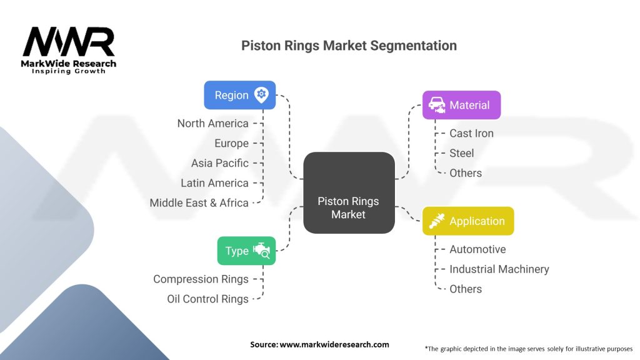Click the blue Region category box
point(239,95)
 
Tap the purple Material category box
point(461,105)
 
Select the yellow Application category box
point(468,221)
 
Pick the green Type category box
point(246,251)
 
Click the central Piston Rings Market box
point(349,192)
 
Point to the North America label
point(212,123)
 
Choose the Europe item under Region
point(231,143)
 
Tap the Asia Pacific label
point(220,163)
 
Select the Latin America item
point(215,183)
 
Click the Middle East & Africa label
point(199,203)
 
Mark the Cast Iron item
point(471,134)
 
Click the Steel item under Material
point(462,153)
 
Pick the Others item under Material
point(466,173)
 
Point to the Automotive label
point(477,249)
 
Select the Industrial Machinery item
point(499,269)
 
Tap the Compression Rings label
point(201,279)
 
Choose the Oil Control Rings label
point(207,299)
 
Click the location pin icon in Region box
point(261,95)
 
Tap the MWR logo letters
point(69,42)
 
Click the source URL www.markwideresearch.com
point(334,344)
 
